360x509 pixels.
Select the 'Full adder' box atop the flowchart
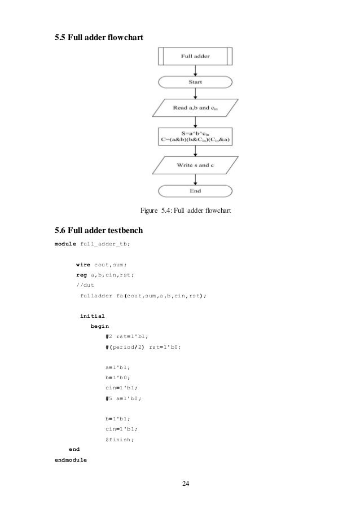195,56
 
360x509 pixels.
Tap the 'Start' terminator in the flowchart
195,82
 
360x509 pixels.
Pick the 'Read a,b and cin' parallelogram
195,107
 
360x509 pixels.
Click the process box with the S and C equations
195,136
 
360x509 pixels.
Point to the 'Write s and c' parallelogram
195,165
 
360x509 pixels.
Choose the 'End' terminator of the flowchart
195,191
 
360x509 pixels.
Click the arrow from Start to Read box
195,94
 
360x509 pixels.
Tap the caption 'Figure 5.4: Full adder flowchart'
186,212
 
